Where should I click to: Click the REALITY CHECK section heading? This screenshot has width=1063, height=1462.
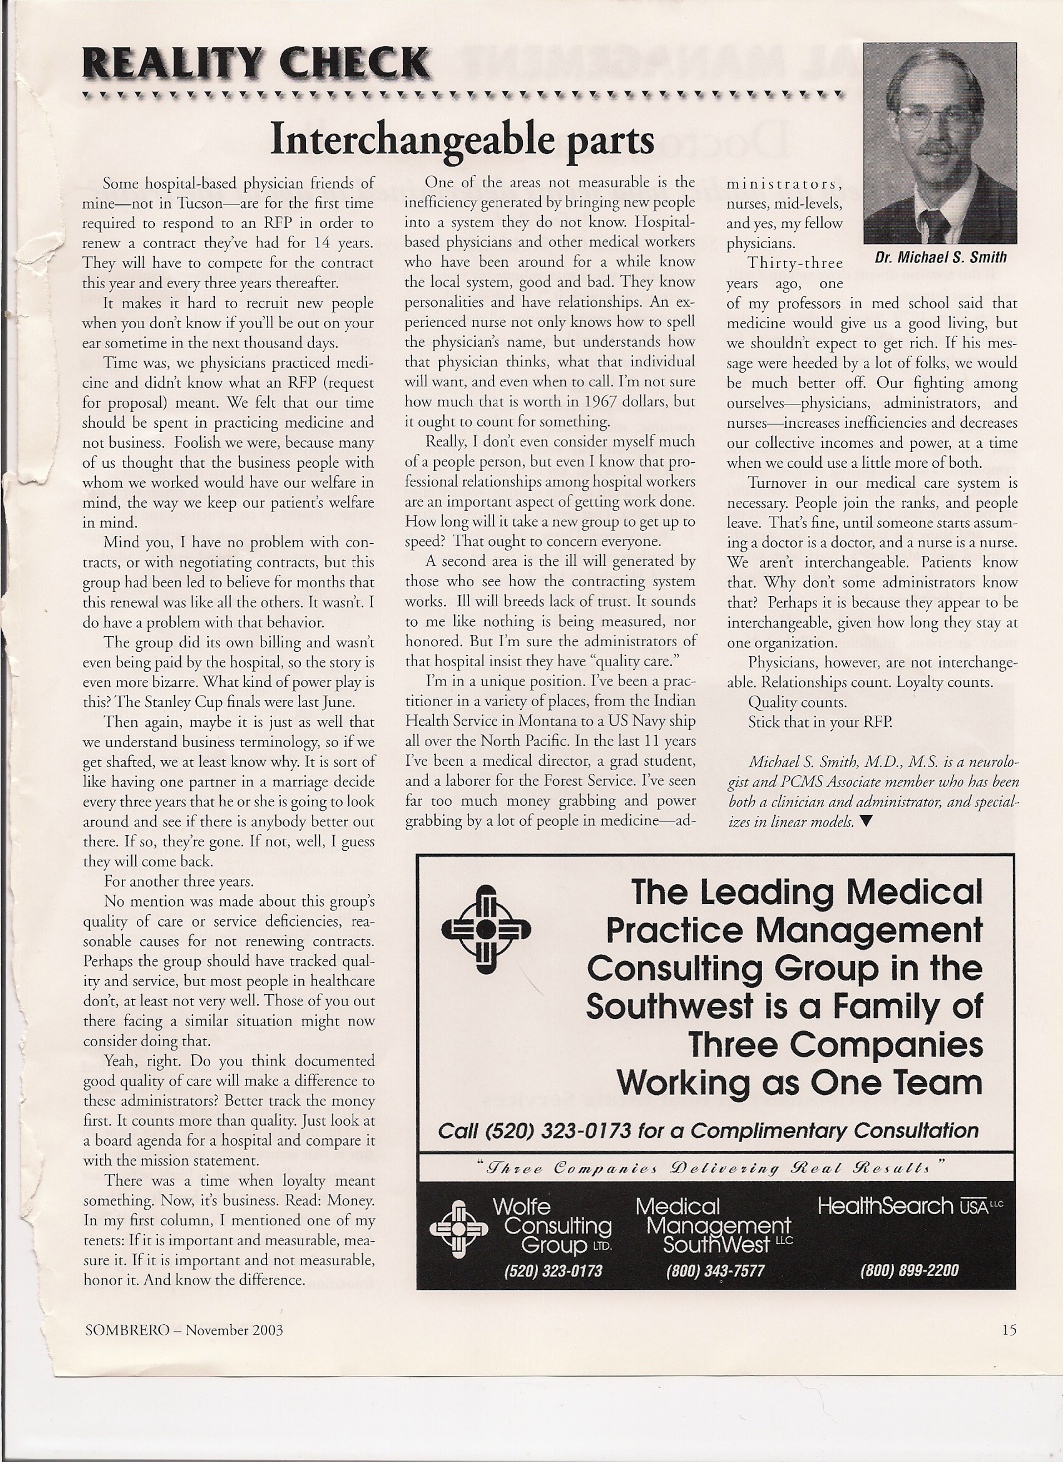(x=255, y=64)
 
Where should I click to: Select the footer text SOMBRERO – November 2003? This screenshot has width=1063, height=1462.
(x=184, y=1329)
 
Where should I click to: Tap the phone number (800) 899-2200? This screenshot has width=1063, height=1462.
(x=909, y=1270)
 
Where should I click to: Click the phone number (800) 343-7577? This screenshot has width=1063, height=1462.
(x=715, y=1270)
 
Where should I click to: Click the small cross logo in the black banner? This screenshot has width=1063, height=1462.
(x=458, y=1229)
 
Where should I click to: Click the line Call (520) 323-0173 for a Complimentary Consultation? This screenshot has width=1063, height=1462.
(x=708, y=1131)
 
